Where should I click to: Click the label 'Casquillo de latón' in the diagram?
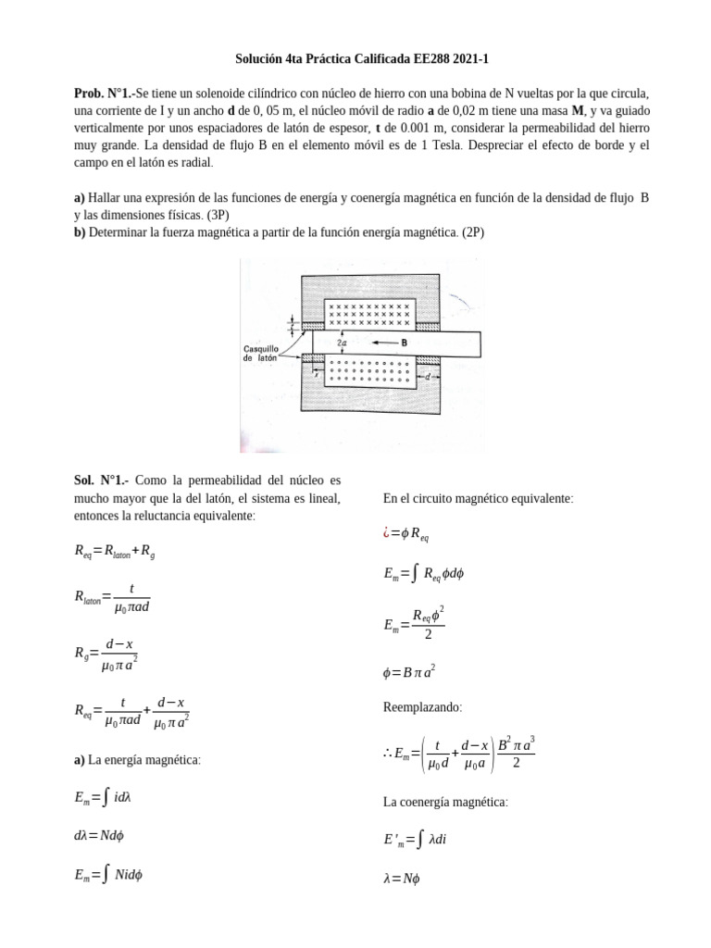(x=267, y=354)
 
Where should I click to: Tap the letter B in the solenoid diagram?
(x=405, y=342)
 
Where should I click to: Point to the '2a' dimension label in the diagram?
(x=343, y=343)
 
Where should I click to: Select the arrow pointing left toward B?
(x=384, y=342)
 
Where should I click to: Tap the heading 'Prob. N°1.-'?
(x=104, y=94)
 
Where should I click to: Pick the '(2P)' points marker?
(x=470, y=232)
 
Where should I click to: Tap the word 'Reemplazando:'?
(x=422, y=707)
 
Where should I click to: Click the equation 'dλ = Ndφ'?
(x=99, y=835)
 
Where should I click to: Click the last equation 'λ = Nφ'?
(x=401, y=879)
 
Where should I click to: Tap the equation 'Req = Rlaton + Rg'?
(x=114, y=551)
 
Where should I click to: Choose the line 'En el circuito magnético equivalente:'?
(x=478, y=498)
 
